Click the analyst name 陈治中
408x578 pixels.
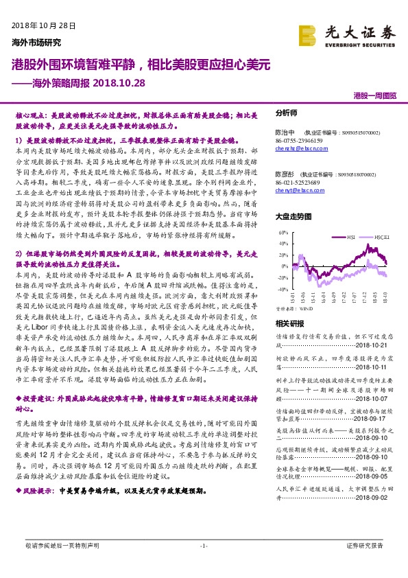click(285, 131)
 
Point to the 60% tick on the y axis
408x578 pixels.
click(280, 233)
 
